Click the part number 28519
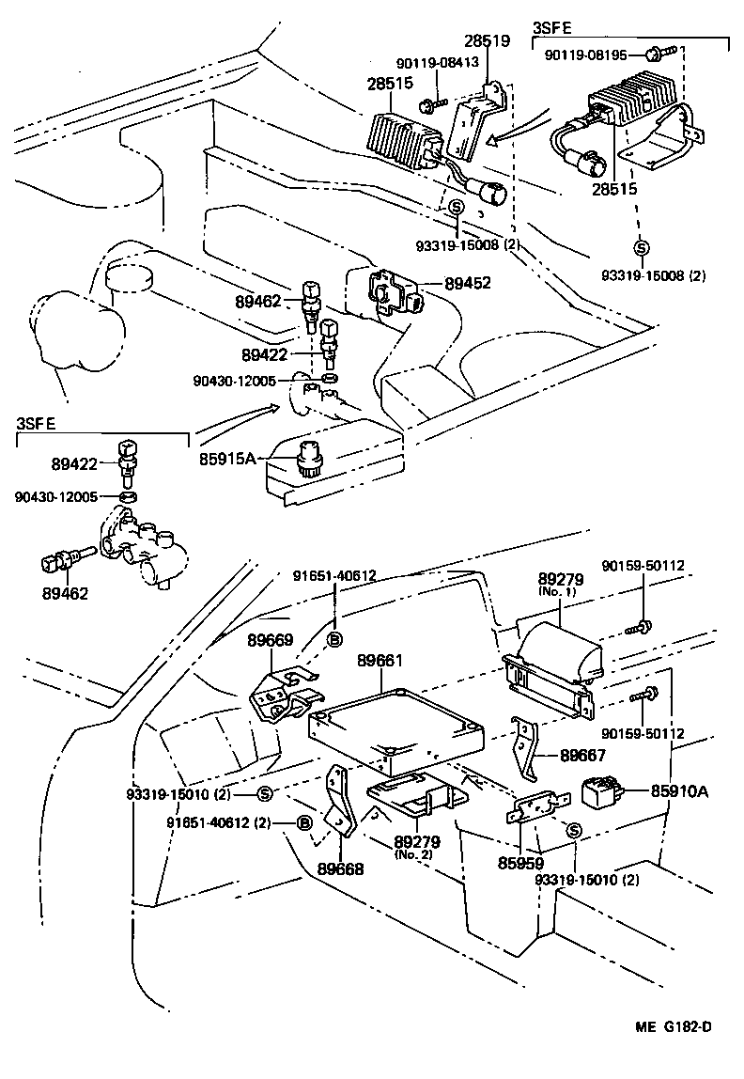[487, 41]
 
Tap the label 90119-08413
[437, 62]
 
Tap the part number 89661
[380, 662]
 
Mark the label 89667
[583, 754]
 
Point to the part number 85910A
[679, 791]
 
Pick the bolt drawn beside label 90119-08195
[657, 55]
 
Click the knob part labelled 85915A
[309, 458]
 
